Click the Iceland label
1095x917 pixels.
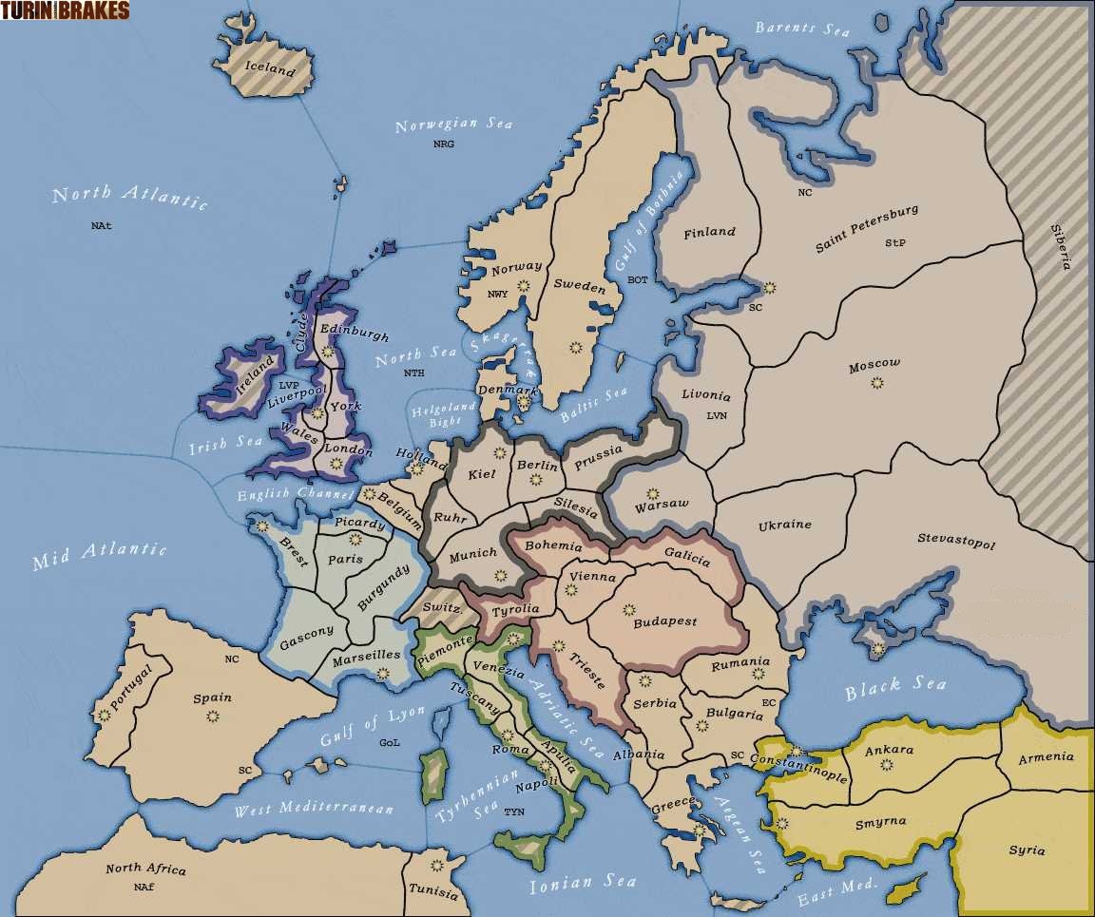[271, 67]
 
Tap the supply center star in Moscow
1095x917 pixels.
[876, 382]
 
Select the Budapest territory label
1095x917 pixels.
[664, 621]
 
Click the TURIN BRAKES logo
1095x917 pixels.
[65, 10]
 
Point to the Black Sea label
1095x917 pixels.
[895, 687]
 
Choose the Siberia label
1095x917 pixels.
[1060, 246]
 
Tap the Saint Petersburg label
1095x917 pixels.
[867, 229]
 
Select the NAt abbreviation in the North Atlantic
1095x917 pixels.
[102, 226]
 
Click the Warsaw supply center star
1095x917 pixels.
[652, 493]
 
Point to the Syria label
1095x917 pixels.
[1027, 850]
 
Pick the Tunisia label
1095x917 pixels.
[433, 892]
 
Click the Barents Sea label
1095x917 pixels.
[802, 29]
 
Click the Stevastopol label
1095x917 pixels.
[955, 542]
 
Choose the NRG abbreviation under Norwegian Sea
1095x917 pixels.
[443, 144]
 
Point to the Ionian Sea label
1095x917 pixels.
[583, 884]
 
